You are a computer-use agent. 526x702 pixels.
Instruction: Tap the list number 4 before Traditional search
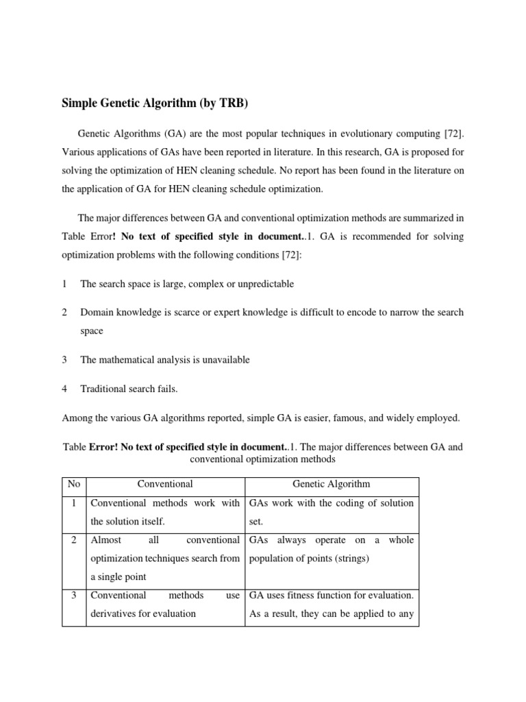pos(64,389)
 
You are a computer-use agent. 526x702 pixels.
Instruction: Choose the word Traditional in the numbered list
pos(103,389)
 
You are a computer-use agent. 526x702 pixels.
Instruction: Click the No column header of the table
pos(74,484)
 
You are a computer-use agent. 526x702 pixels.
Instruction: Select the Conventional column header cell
pos(165,484)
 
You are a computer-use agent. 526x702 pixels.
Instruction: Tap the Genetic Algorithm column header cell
pos(329,484)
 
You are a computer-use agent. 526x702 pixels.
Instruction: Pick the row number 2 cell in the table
pos(74,540)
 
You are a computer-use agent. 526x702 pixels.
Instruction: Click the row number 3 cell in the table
pos(74,595)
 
